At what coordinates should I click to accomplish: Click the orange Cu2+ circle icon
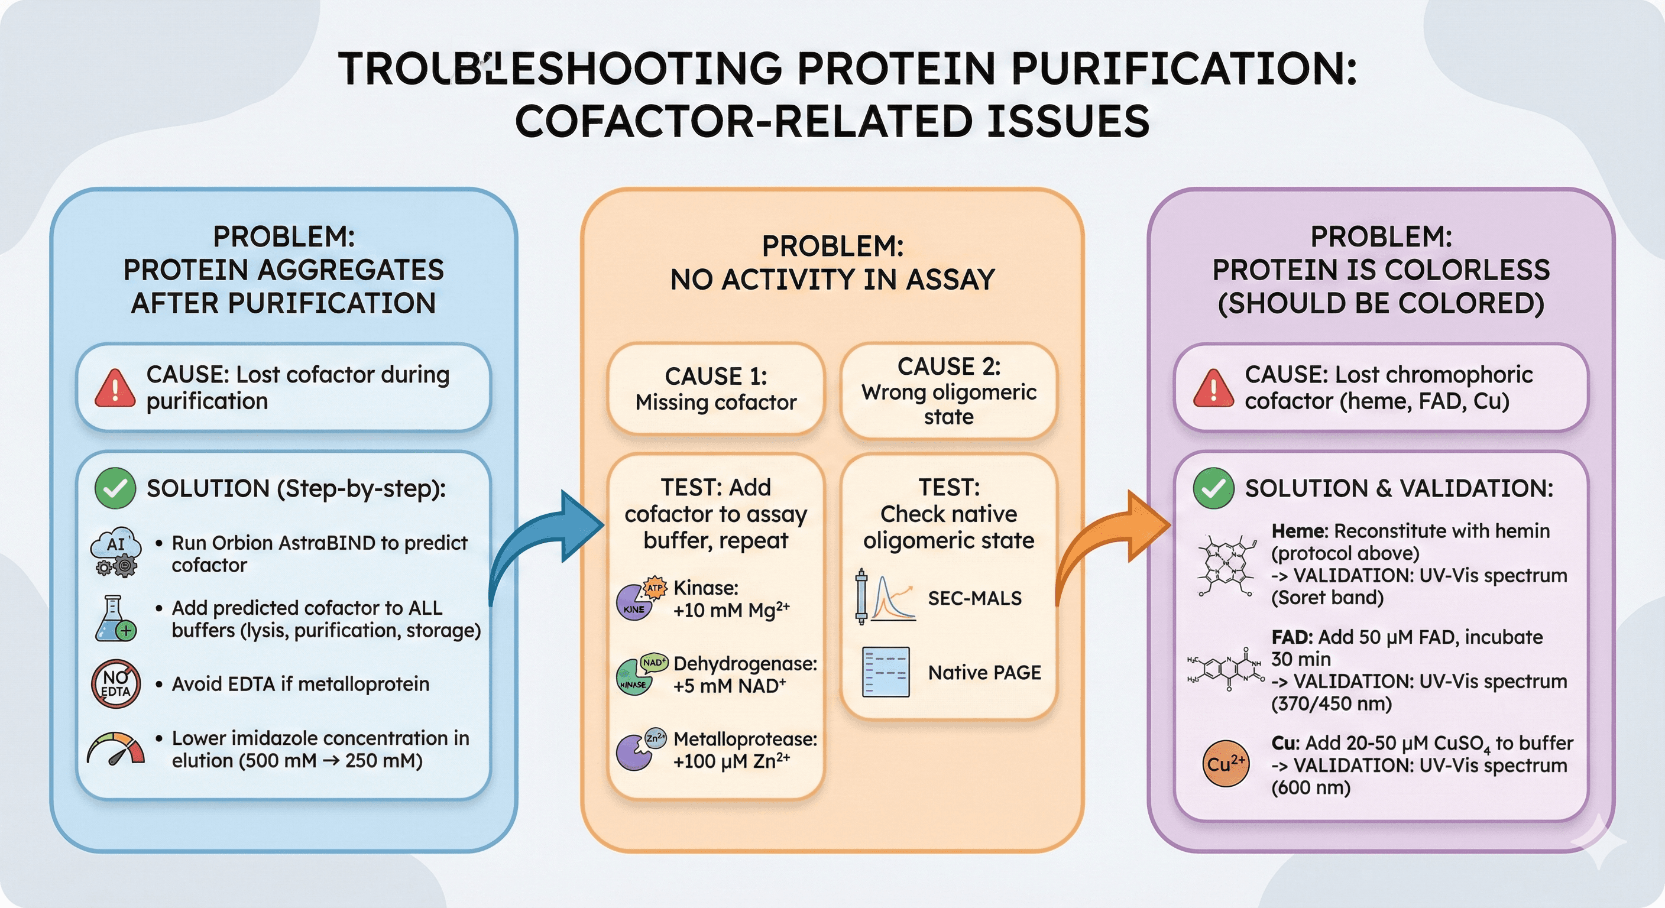(x=1226, y=764)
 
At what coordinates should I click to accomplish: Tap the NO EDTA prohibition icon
(x=116, y=684)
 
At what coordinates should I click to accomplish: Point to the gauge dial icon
(x=116, y=750)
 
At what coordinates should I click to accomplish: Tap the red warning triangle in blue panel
(x=115, y=388)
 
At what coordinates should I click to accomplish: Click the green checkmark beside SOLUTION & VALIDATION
(x=1213, y=488)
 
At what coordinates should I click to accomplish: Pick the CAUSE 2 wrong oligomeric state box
(x=948, y=391)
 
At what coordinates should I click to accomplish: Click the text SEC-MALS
(x=974, y=598)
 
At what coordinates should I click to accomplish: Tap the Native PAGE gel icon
(x=886, y=672)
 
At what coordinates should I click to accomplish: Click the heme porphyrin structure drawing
(x=1226, y=564)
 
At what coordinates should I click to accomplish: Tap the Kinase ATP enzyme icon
(x=639, y=598)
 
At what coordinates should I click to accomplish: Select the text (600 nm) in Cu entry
(x=1311, y=788)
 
